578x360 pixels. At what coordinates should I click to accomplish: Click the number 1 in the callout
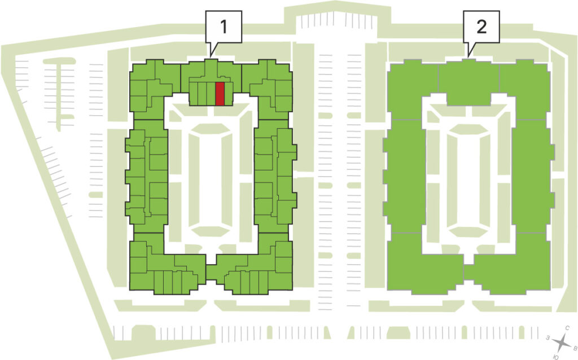(x=224, y=27)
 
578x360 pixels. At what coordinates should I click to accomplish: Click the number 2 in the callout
(x=481, y=27)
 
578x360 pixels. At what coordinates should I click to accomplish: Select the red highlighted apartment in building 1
(x=220, y=94)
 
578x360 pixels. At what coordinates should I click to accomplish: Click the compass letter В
(x=574, y=348)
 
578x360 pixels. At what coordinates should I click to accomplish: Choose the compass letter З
(x=549, y=337)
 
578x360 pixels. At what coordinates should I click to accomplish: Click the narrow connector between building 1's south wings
(x=211, y=273)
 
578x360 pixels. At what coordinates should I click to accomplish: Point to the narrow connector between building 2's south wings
(x=468, y=273)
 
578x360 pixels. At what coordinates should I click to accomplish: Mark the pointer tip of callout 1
(x=210, y=57)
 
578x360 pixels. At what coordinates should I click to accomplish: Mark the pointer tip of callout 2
(x=468, y=57)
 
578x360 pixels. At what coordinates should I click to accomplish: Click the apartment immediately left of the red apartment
(x=211, y=94)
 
